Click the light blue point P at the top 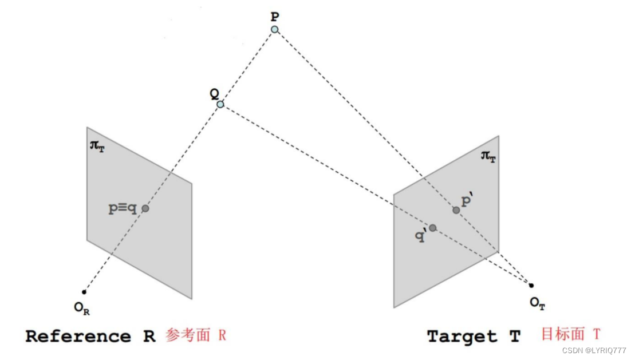pos(275,29)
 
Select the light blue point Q pos(220,104)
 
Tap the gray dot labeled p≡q pos(145,209)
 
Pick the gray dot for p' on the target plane pos(456,210)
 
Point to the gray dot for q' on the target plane pos(433,228)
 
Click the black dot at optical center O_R pos(85,292)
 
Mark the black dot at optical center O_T pos(531,285)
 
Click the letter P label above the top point pos(275,16)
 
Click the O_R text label pos(82,308)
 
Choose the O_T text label pos(537,303)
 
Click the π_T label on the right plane pos(488,156)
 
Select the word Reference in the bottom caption pos(78,336)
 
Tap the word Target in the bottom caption pos(462,336)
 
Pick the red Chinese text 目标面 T pos(570,334)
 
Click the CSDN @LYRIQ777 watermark pos(594,350)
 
